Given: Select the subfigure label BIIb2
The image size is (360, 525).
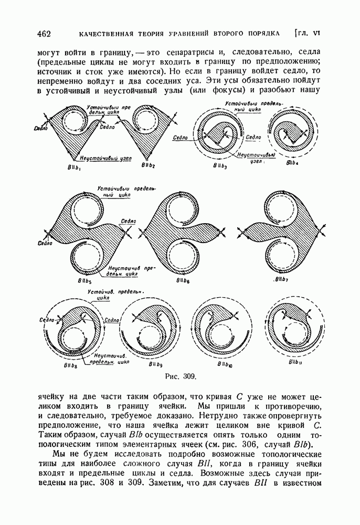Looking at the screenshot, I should (x=148, y=166).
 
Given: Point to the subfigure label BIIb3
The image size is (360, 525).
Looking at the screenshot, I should (x=219, y=166).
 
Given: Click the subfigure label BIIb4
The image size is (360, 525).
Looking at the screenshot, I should (x=293, y=164).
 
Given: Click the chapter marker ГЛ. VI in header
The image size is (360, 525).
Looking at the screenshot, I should (x=308, y=34).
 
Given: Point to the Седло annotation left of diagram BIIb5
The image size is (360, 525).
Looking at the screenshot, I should (x=45, y=243).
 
